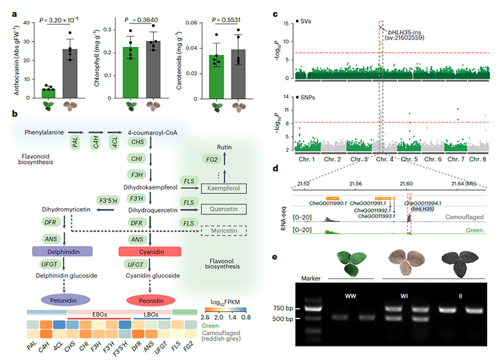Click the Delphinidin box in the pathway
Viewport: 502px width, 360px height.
61,250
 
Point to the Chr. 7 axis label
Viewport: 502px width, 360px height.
454,159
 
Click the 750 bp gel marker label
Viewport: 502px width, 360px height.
310,308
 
